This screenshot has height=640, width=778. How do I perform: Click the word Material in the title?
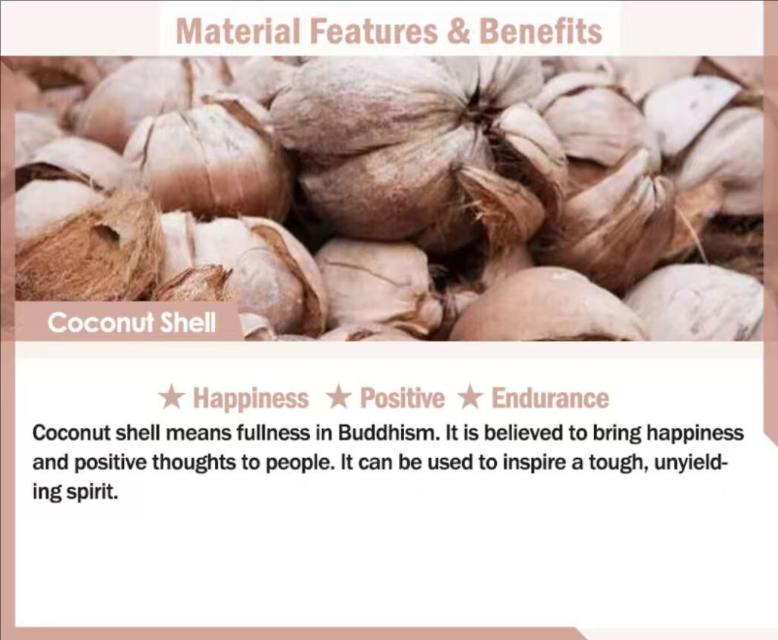tap(238, 30)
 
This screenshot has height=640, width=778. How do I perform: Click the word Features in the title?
tap(374, 30)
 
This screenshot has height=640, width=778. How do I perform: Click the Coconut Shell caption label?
tap(131, 323)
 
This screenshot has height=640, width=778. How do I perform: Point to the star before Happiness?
tap(172, 398)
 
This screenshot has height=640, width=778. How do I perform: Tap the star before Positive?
tap(339, 398)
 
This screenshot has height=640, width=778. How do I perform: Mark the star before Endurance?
tap(470, 398)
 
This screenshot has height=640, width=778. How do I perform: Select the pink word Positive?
tap(403, 399)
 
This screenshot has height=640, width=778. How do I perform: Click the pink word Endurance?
tap(550, 399)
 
